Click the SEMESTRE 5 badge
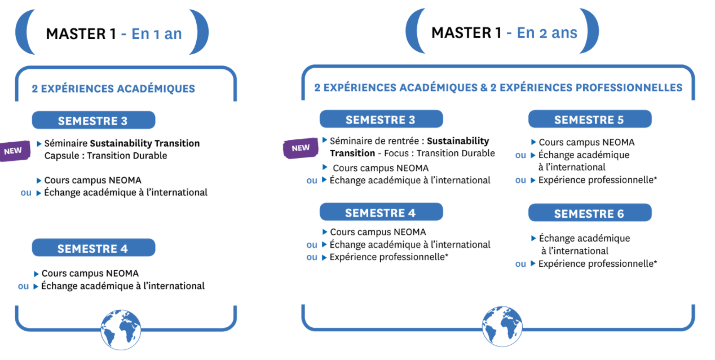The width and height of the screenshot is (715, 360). [590, 119]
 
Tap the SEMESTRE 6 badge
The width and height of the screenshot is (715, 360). [590, 213]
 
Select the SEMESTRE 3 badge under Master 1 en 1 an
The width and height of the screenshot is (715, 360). [94, 120]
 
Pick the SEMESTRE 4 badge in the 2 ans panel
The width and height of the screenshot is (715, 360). [381, 212]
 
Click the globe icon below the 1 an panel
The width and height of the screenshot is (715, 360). [121, 330]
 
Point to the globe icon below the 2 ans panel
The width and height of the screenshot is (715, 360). [502, 327]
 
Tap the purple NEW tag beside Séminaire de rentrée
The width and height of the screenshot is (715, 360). [301, 148]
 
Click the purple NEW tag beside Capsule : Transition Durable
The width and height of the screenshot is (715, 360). [14, 151]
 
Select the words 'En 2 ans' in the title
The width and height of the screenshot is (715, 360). [547, 33]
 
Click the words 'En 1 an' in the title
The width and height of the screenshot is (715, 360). [157, 34]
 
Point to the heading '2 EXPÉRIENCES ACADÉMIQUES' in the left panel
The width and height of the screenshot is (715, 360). [113, 89]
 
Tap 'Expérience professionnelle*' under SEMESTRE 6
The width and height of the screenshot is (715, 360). [598, 264]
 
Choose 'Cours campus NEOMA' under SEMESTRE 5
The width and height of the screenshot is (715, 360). [586, 142]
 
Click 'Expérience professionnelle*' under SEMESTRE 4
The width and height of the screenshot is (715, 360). [389, 257]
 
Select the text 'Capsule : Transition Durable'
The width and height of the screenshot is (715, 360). [105, 156]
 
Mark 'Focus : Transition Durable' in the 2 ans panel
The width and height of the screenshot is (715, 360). [439, 153]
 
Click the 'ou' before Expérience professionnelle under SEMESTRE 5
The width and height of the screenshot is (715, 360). [520, 181]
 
